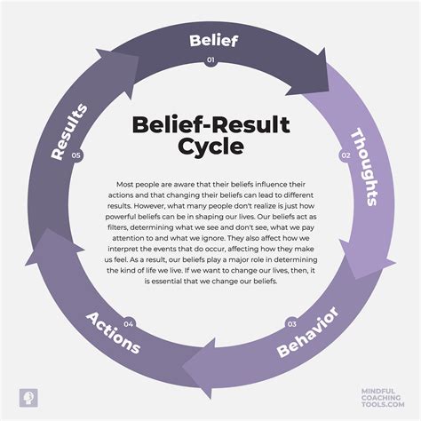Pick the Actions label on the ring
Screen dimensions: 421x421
coord(112,332)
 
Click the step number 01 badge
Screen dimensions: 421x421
coord(210,60)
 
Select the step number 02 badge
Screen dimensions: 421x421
coord(346,155)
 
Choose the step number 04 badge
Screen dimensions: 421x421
coord(129,322)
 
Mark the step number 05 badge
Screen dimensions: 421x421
coord(76,155)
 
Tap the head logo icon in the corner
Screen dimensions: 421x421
coord(27,393)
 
